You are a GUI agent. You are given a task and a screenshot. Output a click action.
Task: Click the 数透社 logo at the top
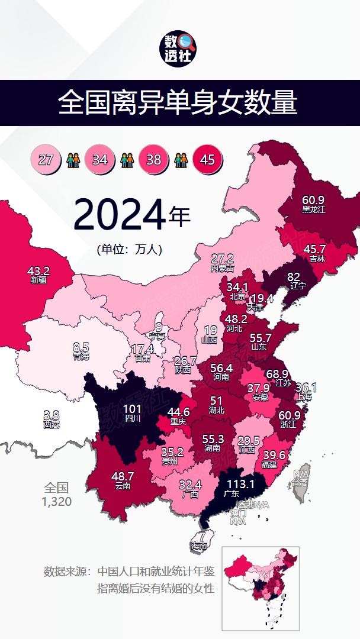pos(179,49)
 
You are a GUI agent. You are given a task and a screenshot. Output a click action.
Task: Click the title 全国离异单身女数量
pos(178,103)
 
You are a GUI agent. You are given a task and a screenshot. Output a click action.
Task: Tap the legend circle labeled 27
pos(46,159)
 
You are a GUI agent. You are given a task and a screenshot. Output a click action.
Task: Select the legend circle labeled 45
pos(207,159)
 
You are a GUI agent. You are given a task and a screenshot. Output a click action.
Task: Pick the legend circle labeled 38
pos(153,159)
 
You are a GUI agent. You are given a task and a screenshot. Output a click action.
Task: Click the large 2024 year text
pos(119,215)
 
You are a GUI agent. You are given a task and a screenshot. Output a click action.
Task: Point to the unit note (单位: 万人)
pos(129,250)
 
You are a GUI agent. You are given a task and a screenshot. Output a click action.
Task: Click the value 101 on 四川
pos(132,409)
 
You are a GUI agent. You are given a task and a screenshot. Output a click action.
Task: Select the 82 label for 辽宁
pos(294,277)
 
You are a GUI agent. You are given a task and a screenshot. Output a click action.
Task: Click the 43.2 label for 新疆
pos(38,271)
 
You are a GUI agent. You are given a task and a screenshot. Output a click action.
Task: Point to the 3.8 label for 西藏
pos(52,415)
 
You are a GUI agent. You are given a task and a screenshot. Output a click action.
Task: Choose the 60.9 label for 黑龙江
pos(313,200)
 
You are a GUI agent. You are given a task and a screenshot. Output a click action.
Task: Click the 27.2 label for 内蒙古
pos(223,259)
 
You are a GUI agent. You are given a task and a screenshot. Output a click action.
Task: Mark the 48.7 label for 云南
pos(123,476)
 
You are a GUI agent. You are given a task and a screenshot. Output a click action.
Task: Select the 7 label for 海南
pos(202,538)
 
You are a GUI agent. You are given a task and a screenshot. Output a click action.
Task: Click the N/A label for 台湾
pos(301,475)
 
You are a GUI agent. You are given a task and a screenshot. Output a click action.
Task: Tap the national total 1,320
pos(57,502)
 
